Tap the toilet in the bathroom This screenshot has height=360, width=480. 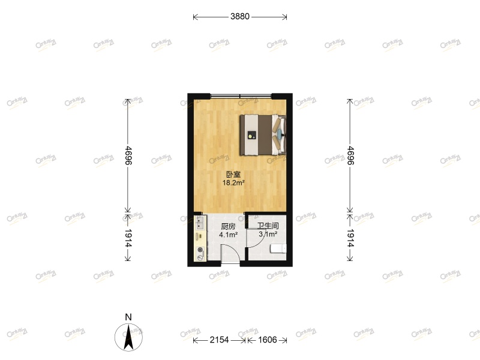point(278,248)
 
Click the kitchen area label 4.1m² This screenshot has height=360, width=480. point(228,235)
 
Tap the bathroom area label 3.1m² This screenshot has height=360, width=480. point(268,234)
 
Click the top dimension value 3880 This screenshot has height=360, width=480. point(239,17)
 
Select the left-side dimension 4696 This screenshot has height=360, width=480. point(127,155)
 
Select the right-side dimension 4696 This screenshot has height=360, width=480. point(350,155)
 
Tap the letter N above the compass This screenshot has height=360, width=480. point(128,317)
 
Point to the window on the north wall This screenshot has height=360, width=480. point(240,96)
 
